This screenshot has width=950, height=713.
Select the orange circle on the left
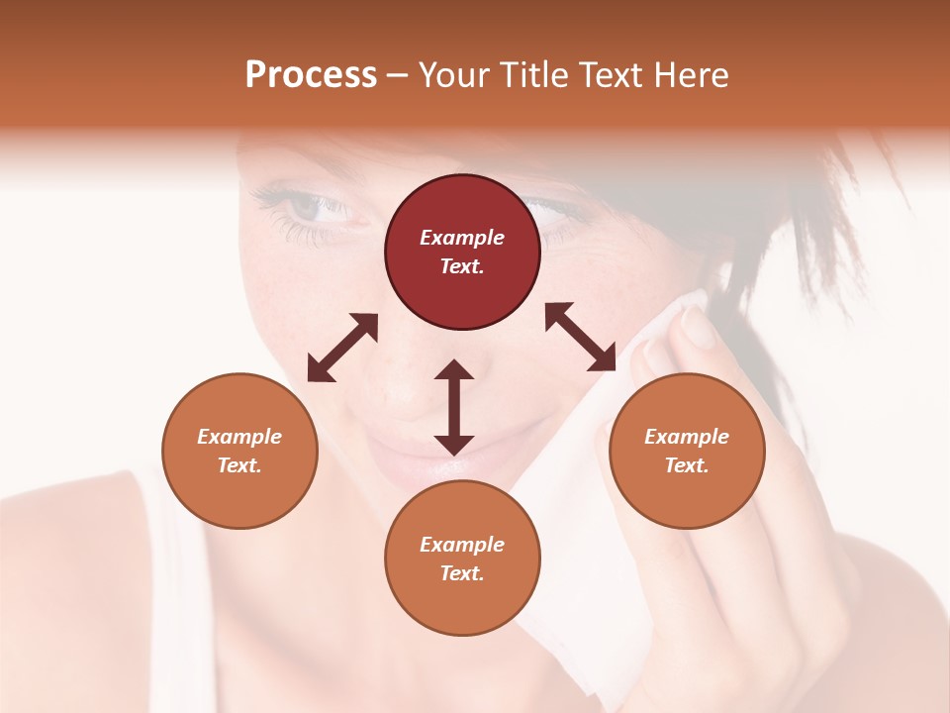pos(239,451)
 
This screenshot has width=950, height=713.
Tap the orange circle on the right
pos(687,451)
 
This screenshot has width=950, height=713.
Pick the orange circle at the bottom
pos(462,559)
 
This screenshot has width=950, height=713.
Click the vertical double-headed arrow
pos(454,407)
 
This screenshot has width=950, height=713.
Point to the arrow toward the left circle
pos(342,348)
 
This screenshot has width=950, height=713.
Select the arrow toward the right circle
pos(580,337)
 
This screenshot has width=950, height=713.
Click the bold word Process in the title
pos(311,74)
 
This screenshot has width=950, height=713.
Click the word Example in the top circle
pos(462,238)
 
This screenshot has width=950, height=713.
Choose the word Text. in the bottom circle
pos(462,573)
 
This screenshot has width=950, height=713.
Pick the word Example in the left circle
pos(239,437)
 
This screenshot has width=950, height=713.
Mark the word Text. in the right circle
pos(687,465)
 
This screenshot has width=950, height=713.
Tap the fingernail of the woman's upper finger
pos(699,327)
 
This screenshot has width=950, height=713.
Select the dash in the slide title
pos(398,75)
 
